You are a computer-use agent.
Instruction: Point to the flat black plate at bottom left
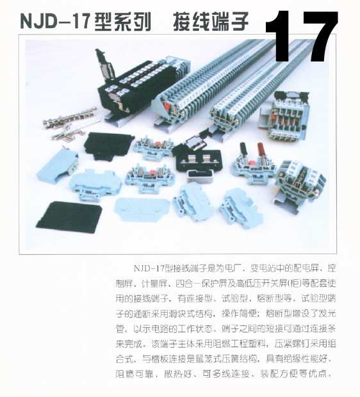coord(69,216)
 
